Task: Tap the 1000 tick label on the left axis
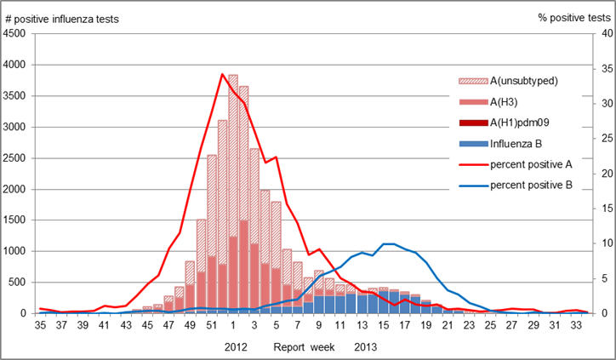click(x=17, y=252)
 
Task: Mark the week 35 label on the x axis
click(x=39, y=324)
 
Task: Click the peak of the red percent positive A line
click(x=222, y=74)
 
